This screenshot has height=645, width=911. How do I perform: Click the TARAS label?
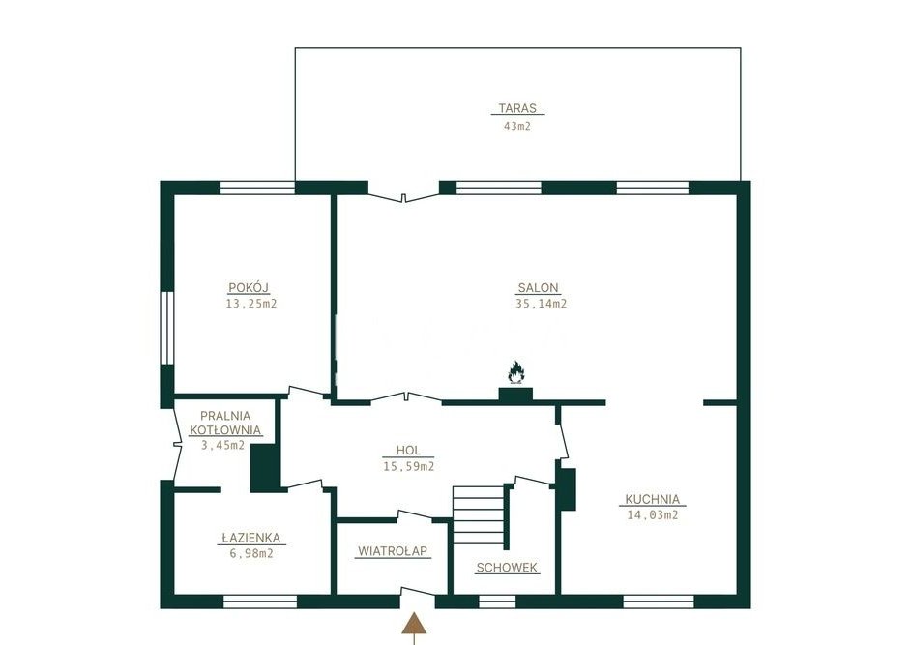[517, 108]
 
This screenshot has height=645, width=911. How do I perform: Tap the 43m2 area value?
[517, 126]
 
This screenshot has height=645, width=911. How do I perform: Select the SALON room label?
[538, 287]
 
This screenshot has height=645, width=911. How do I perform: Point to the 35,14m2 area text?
[541, 304]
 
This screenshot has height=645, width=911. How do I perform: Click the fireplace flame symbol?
[515, 372]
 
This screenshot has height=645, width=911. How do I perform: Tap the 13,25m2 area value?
[251, 304]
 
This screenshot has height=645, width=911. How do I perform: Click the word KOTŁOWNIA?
[224, 430]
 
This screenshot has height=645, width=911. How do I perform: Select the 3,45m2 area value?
[222, 446]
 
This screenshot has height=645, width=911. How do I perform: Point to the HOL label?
[408, 451]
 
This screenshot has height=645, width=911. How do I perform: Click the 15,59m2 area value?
[409, 466]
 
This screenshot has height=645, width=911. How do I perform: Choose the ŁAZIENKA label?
[251, 538]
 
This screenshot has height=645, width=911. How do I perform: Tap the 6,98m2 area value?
[251, 554]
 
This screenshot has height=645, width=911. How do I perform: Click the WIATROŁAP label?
[394, 551]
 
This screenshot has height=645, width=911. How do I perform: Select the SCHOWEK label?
[507, 568]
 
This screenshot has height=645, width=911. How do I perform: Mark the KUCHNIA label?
[653, 499]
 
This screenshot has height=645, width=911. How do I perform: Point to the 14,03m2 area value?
[653, 514]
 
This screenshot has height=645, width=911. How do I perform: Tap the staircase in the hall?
[479, 514]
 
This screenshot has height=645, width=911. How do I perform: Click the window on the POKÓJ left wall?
[167, 329]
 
